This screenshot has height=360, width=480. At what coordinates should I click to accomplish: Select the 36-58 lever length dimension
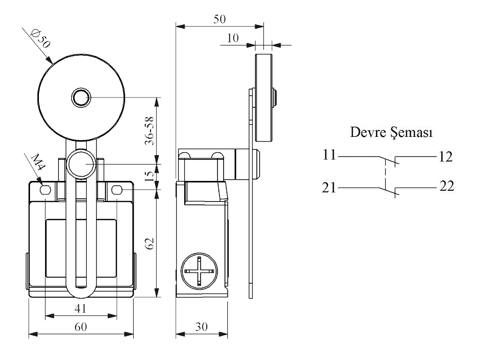(149, 131)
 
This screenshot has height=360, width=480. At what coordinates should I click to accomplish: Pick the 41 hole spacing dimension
(81, 308)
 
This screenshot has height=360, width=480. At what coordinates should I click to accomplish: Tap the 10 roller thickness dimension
(233, 38)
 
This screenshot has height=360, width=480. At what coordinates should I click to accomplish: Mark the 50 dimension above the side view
(219, 19)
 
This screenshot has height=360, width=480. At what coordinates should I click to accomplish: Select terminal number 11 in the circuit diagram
(329, 156)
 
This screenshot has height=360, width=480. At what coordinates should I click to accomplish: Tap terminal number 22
(447, 187)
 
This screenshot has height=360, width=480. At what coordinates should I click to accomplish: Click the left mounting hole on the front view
(45, 190)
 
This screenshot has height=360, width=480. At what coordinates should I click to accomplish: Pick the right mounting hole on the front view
(116, 190)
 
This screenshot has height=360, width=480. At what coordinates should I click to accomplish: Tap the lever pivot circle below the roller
(80, 165)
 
